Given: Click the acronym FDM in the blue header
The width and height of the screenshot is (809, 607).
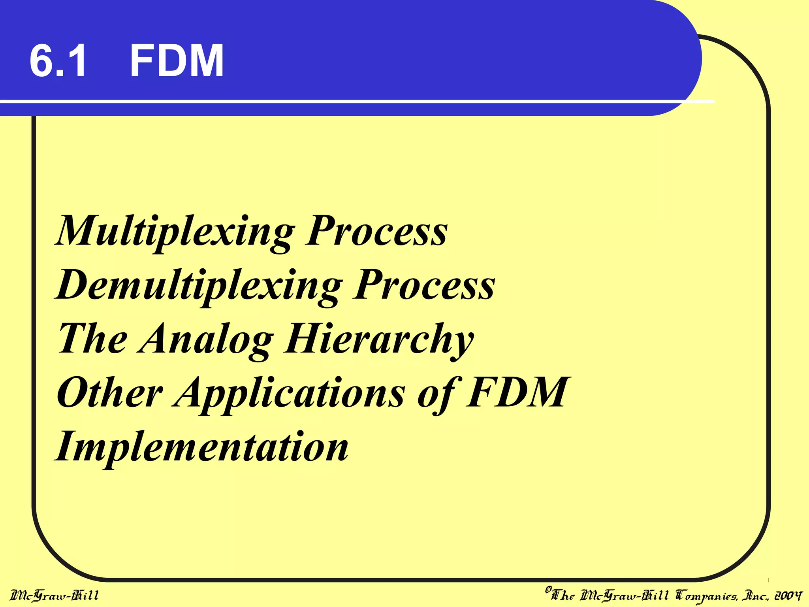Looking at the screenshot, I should pyautogui.click(x=177, y=61).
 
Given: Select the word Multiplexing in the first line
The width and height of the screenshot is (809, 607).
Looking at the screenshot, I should pyautogui.click(x=176, y=231).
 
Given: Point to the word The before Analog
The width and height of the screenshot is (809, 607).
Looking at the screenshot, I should pyautogui.click(x=92, y=339).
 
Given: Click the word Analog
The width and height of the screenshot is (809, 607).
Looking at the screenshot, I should pyautogui.click(x=206, y=339).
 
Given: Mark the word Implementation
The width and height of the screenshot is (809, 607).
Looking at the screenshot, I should pyautogui.click(x=202, y=447).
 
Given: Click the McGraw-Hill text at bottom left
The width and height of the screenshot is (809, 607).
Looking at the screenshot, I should pyautogui.click(x=54, y=595).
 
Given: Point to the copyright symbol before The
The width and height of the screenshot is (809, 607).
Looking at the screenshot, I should pyautogui.click(x=548, y=590).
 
